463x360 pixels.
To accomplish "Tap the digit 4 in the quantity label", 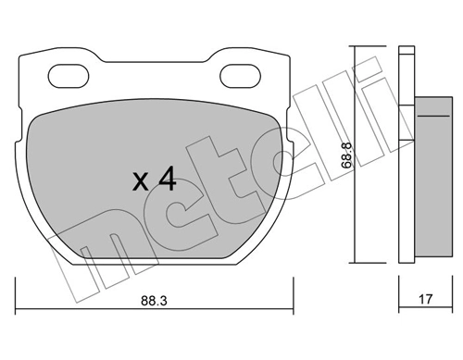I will pyautogui.click(x=167, y=179).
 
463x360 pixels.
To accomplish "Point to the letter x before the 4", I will pyautogui.click(x=139, y=181).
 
